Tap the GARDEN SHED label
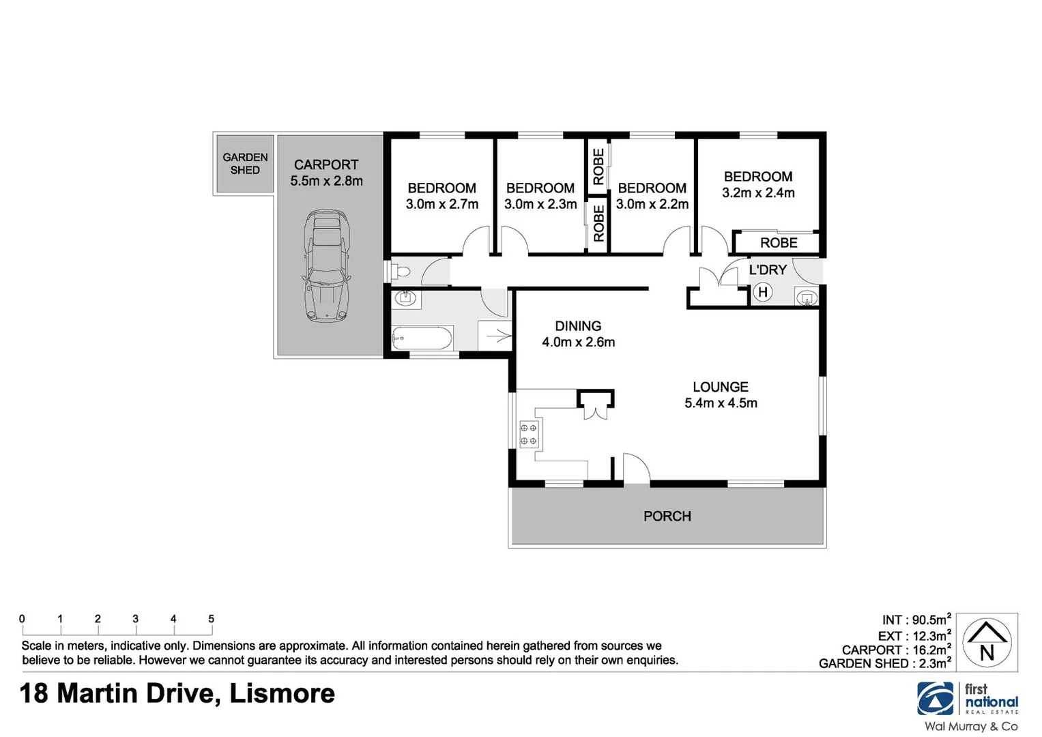(x=245, y=164)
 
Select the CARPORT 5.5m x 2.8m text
(x=326, y=173)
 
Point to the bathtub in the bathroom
(x=422, y=338)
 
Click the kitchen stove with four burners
(x=529, y=435)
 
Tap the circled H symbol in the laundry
(x=763, y=293)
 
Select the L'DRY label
(x=768, y=270)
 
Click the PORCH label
(x=667, y=517)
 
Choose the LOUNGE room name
(x=721, y=387)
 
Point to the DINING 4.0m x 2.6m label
(x=578, y=334)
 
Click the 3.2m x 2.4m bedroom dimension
(x=758, y=193)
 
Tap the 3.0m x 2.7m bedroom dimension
(x=442, y=204)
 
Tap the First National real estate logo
(x=968, y=699)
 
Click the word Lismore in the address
(x=282, y=694)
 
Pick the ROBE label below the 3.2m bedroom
(x=779, y=243)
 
